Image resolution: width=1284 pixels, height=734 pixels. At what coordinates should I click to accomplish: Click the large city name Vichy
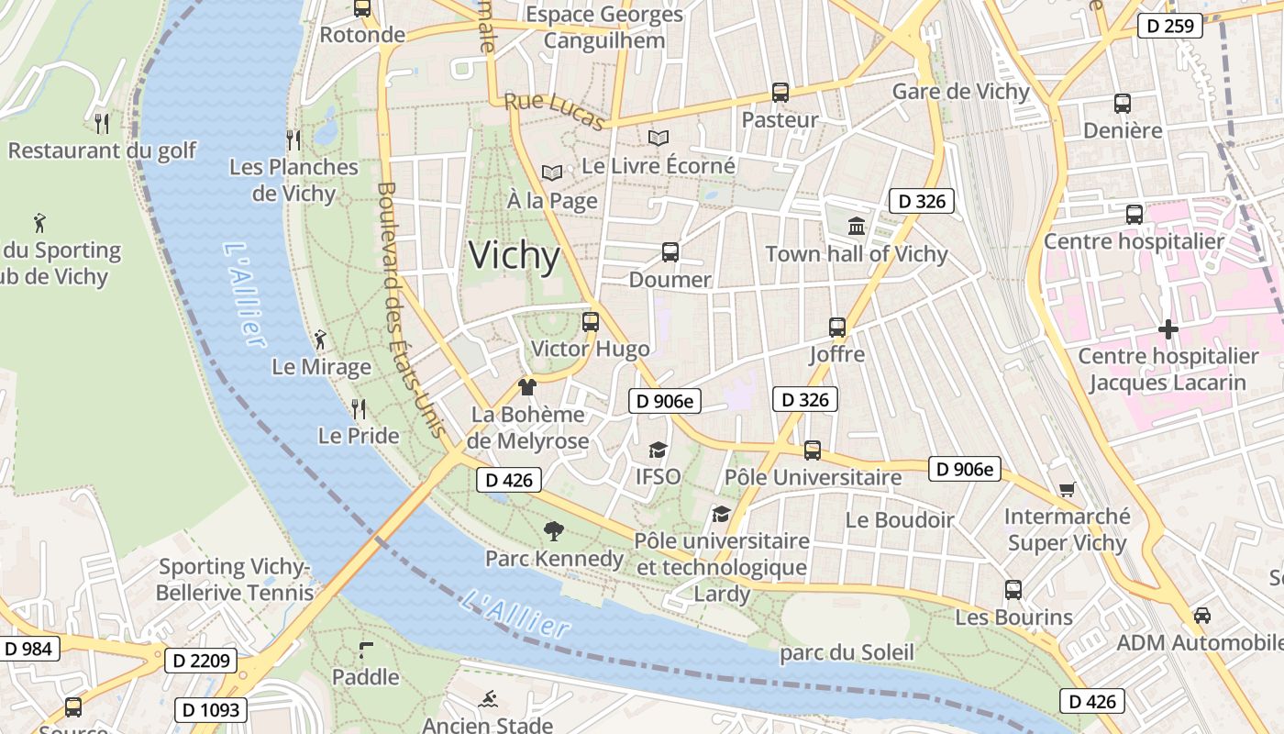(514, 256)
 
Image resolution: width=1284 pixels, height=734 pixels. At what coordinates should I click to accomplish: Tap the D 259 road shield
(1170, 26)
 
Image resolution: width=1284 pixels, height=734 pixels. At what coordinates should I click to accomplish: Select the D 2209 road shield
(201, 660)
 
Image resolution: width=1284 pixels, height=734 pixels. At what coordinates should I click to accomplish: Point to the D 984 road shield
(28, 649)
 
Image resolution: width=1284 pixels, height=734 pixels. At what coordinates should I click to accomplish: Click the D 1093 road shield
(211, 709)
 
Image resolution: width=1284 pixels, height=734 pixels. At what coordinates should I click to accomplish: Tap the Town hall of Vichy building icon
(857, 226)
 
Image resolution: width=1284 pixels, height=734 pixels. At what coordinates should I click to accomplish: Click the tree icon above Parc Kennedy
(553, 530)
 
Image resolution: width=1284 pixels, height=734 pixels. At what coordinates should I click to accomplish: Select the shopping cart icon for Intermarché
(1067, 489)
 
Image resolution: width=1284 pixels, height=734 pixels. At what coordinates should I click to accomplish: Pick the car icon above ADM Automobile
(1201, 615)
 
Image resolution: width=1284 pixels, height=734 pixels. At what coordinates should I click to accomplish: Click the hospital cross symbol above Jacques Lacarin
(1168, 328)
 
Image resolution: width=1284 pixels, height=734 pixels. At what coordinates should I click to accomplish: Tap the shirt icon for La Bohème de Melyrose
(526, 387)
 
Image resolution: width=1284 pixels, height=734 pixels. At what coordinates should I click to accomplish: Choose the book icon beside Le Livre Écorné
(658, 138)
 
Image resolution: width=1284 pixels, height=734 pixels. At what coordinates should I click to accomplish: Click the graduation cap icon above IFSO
(658, 450)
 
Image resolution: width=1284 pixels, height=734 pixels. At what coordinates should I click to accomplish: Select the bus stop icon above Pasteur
(780, 92)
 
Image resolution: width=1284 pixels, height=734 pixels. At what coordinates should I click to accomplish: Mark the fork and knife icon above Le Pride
(359, 408)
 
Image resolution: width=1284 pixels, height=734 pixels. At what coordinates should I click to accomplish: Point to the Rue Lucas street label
(554, 112)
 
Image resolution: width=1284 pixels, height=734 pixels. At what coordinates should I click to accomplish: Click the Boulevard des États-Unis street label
(410, 310)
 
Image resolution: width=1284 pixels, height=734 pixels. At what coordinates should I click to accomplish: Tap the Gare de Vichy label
(960, 92)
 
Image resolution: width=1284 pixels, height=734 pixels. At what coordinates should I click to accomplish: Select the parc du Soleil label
(847, 652)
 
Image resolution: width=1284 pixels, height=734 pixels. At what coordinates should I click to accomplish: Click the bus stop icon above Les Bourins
(1013, 589)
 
